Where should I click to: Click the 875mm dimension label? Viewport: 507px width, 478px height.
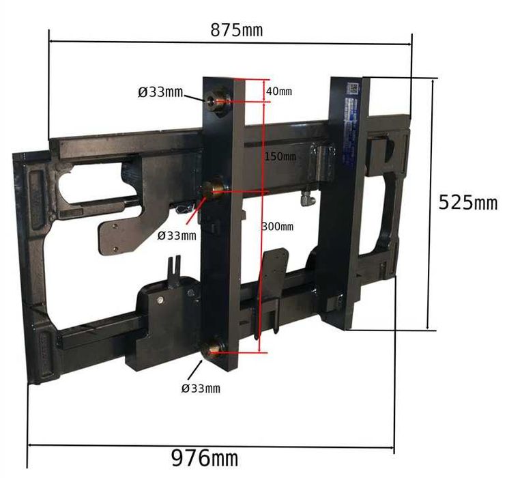237,30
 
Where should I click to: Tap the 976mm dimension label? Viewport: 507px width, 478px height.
205,458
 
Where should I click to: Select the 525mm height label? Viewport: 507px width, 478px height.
468,203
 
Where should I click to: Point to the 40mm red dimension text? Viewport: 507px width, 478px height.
278,92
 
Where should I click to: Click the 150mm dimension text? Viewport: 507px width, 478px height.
280,156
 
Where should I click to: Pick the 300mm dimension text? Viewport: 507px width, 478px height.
278,227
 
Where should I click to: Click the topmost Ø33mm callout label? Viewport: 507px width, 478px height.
160,93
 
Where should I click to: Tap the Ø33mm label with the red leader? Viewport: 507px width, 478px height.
177,236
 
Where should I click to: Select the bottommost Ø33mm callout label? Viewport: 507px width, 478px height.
201,389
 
